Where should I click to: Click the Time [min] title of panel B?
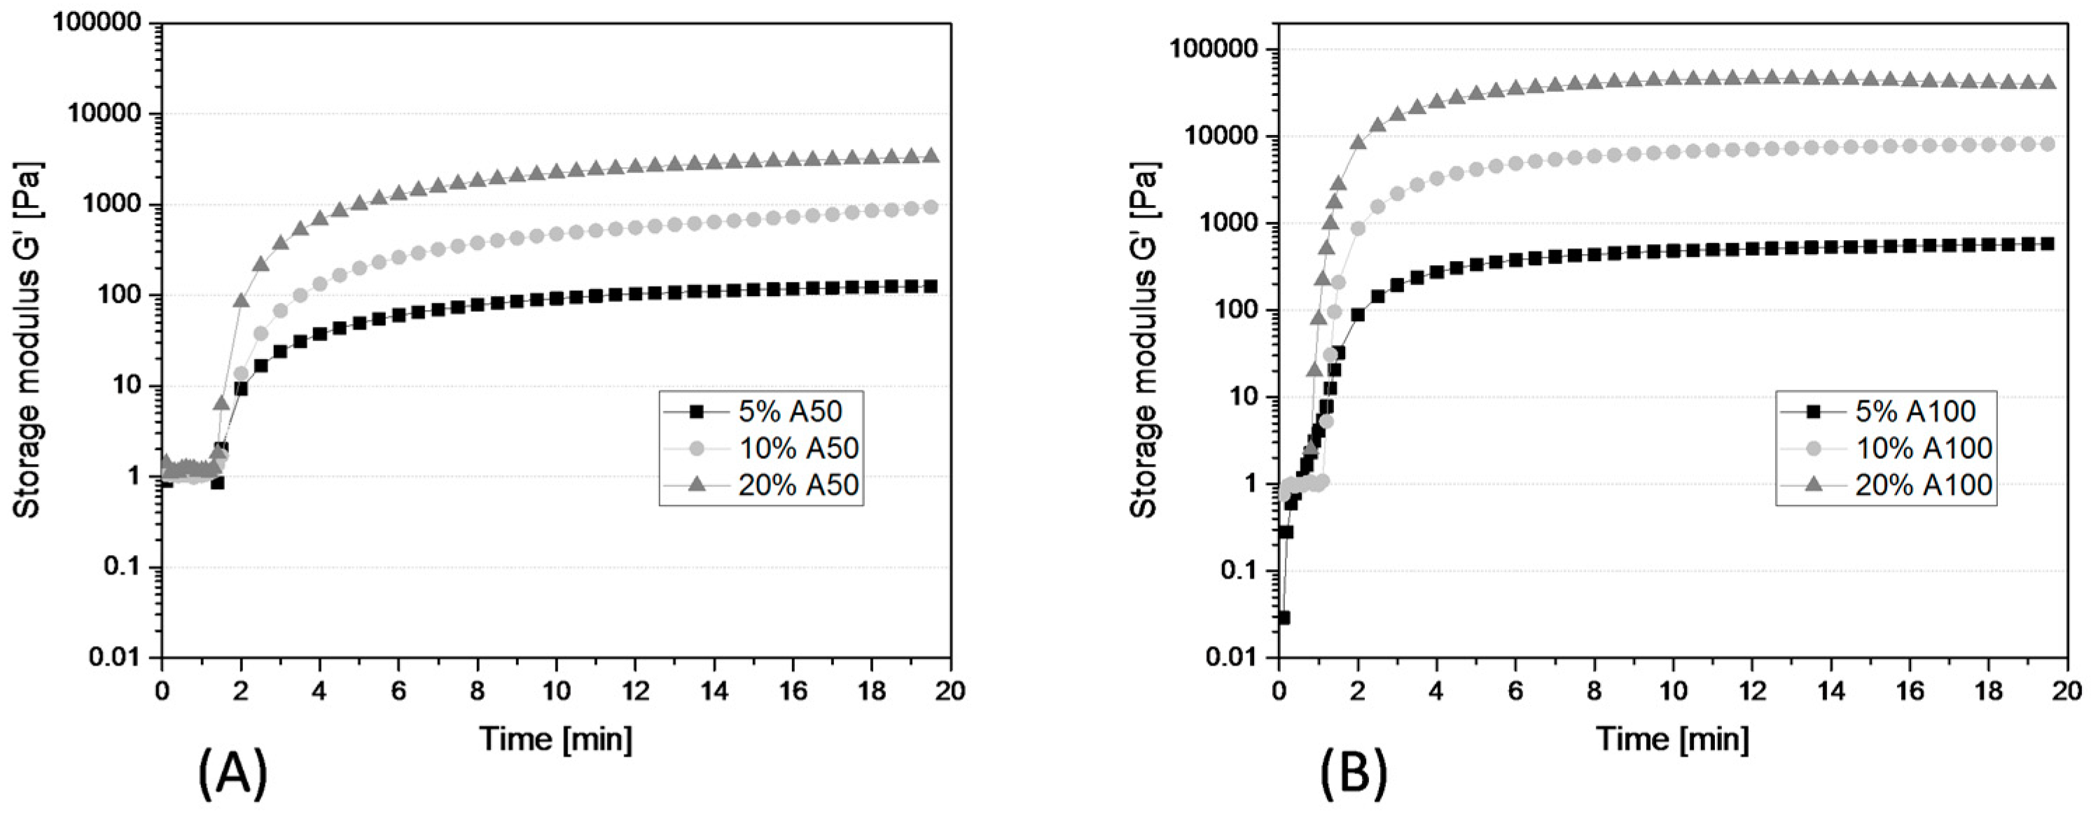(x=1673, y=717)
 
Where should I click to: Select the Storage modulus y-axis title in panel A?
(x=29, y=341)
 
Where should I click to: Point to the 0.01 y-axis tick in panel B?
(x=1233, y=657)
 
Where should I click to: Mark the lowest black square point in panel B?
(x=1284, y=617)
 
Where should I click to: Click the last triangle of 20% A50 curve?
(x=932, y=155)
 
